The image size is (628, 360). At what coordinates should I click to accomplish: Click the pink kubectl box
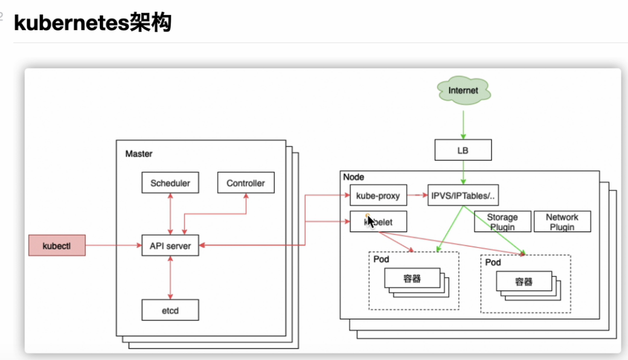pos(57,245)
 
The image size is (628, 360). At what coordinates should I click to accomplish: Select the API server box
pos(170,245)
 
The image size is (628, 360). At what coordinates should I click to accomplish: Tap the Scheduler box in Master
pos(170,183)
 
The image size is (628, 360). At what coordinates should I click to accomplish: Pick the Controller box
pos(245,183)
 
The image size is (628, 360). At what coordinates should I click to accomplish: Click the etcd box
pos(170,310)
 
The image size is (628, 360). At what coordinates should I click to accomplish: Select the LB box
pos(463,150)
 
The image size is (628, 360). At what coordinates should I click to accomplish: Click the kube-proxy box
pos(379,196)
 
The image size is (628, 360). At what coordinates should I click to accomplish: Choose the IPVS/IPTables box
pos(463,196)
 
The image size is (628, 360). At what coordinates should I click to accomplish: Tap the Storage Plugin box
pos(502,222)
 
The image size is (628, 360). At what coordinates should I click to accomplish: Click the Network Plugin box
pos(562,222)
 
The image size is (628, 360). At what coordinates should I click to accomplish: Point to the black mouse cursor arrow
pos(371,220)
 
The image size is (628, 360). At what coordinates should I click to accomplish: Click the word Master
pos(139,154)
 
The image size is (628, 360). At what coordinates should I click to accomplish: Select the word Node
pos(353,177)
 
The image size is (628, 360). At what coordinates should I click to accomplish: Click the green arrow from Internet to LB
pos(463,125)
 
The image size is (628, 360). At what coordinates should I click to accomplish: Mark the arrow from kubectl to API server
pos(113,245)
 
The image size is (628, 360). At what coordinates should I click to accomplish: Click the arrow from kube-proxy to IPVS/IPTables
pos(418,196)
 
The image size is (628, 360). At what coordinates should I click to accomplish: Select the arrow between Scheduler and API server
pos(170,214)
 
